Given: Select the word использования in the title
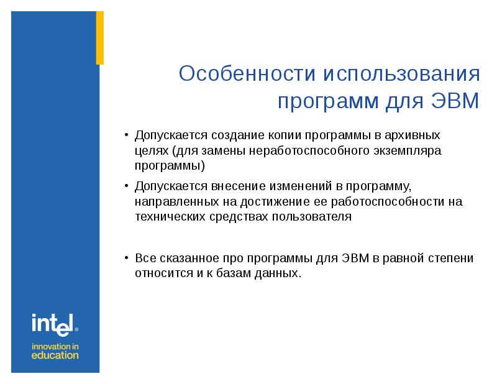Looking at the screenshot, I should pyautogui.click(x=401, y=75).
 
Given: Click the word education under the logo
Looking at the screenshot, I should pyautogui.click(x=55, y=355).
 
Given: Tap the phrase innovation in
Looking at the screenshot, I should pyautogui.click(x=55, y=345).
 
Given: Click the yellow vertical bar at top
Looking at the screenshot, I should pyautogui.click(x=99, y=37).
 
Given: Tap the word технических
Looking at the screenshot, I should pyautogui.click(x=168, y=217).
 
